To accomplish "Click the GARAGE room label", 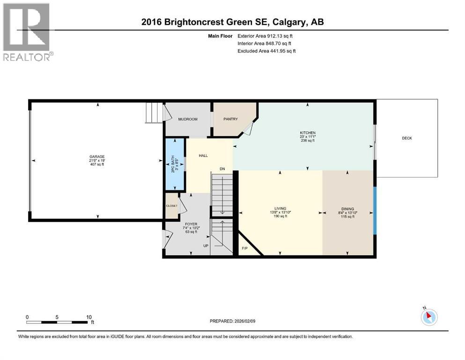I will [x=97, y=157].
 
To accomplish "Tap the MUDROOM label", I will [x=188, y=119].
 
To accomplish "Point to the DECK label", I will [x=407, y=138].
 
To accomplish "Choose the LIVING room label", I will [x=280, y=209].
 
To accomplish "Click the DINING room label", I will [x=347, y=209].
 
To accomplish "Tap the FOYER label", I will [x=190, y=224].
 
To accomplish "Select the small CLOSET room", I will [x=171, y=206].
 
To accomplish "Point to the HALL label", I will [x=203, y=156].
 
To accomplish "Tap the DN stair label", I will [x=222, y=169].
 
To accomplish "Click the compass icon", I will [x=429, y=317].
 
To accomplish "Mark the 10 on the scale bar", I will [x=89, y=317].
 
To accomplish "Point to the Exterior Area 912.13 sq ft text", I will [x=266, y=36].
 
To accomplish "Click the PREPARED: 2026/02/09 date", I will [x=232, y=321].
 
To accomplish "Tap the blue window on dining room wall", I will [x=375, y=211].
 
